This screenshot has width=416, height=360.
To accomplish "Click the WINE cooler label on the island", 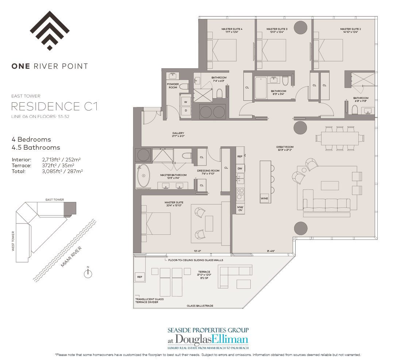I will tap(265, 199).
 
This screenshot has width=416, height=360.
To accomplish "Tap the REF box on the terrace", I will tap(139, 277).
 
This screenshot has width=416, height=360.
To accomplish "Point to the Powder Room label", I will tap(173, 86).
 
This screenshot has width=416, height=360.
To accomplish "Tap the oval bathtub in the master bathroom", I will tap(142, 176).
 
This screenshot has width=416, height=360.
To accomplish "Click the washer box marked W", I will tap(186, 102).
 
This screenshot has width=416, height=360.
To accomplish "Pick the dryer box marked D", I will tap(186, 110).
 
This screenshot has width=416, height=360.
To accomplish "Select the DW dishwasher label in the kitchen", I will tap(240, 168).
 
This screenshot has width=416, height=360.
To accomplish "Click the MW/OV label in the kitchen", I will tap(240, 208).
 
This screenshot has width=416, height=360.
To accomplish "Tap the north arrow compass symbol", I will tap(88, 274).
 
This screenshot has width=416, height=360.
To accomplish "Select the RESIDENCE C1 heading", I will tap(54, 107).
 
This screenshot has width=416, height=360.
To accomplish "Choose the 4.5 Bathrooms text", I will tap(36, 148).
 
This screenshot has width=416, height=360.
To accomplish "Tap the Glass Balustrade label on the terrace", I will tap(200, 306).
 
